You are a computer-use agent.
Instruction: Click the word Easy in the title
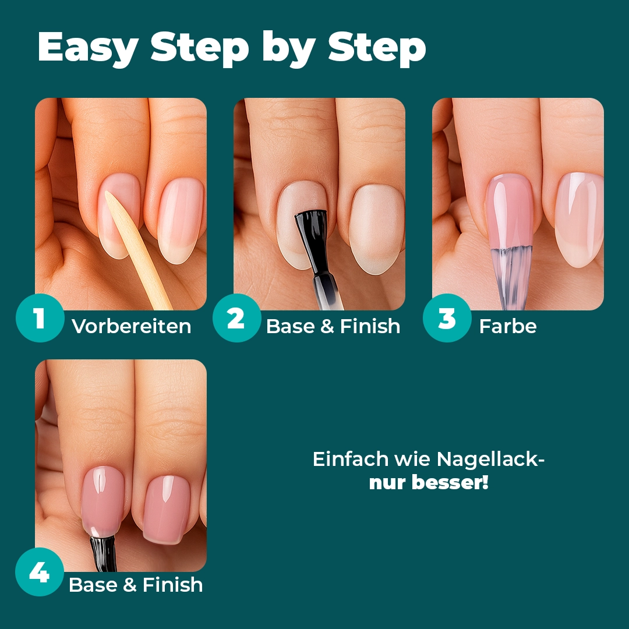pyautogui.click(x=89, y=47)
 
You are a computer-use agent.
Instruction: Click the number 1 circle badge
pyautogui.click(x=40, y=318)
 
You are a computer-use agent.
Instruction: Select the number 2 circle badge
pyautogui.click(x=236, y=318)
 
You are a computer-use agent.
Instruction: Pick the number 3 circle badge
pyautogui.click(x=447, y=318)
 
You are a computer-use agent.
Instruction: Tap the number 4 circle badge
pyautogui.click(x=40, y=572)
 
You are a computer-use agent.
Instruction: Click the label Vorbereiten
pyautogui.click(x=132, y=326)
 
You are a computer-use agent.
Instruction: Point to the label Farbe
pyautogui.click(x=508, y=326)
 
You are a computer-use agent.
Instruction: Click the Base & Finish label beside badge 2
pyautogui.click(x=333, y=326)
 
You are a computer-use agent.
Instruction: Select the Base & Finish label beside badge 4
pyautogui.click(x=136, y=585)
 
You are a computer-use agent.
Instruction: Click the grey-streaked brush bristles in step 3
pyautogui.click(x=511, y=277)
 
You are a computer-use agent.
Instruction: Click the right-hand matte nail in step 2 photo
pyautogui.click(x=377, y=229)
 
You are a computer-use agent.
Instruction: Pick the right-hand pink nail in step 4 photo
pyautogui.click(x=166, y=510)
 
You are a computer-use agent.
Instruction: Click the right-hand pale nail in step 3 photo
pyautogui.click(x=579, y=220)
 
